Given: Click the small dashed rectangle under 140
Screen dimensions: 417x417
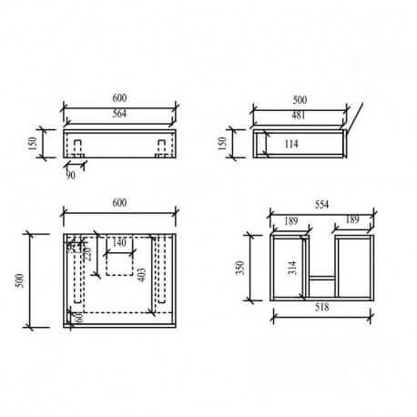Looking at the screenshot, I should pyautogui.click(x=119, y=262).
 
